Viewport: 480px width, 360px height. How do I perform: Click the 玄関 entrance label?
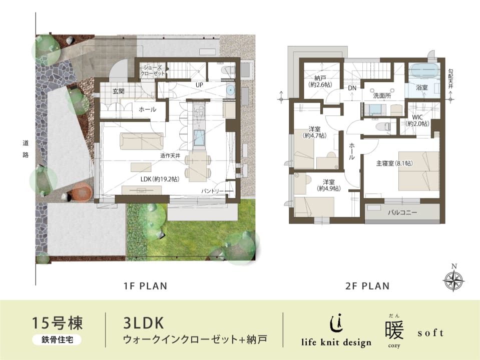point(118,91)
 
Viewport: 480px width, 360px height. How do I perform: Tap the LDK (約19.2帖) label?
point(160,179)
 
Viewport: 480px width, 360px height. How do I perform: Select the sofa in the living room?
point(142,141)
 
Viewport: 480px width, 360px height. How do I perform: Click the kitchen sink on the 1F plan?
point(200,137)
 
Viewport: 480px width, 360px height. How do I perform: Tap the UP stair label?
point(199,84)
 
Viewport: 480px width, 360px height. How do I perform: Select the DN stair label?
point(352,88)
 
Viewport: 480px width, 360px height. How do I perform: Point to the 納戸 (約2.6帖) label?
point(320,81)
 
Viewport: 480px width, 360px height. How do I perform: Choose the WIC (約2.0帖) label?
point(417,120)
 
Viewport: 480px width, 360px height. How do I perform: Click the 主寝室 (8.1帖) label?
point(394,163)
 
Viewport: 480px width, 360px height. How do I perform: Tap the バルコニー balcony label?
point(402,212)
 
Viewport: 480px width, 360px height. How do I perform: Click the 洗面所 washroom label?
point(382,95)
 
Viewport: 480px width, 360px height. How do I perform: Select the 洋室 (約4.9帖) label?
point(328,185)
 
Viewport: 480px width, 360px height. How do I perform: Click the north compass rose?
point(453,279)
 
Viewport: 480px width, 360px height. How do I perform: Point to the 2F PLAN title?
point(367,286)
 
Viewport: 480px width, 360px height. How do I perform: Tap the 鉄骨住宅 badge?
point(57,339)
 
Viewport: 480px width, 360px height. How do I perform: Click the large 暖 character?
point(394,329)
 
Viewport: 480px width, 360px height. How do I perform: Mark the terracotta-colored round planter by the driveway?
point(82,192)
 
